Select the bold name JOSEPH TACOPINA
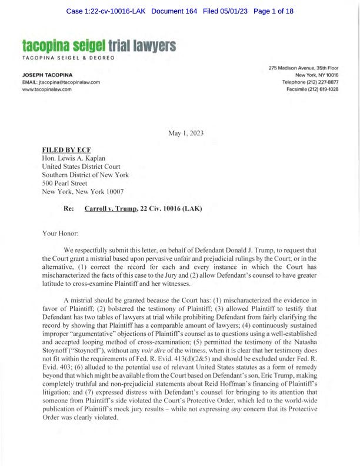click(48, 75)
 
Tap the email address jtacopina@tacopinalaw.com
click(61, 82)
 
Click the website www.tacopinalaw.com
click(46, 89)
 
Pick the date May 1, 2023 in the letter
click(186, 133)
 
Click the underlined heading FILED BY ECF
click(66, 150)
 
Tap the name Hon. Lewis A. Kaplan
click(73, 158)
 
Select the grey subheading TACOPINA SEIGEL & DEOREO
click(68, 57)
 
